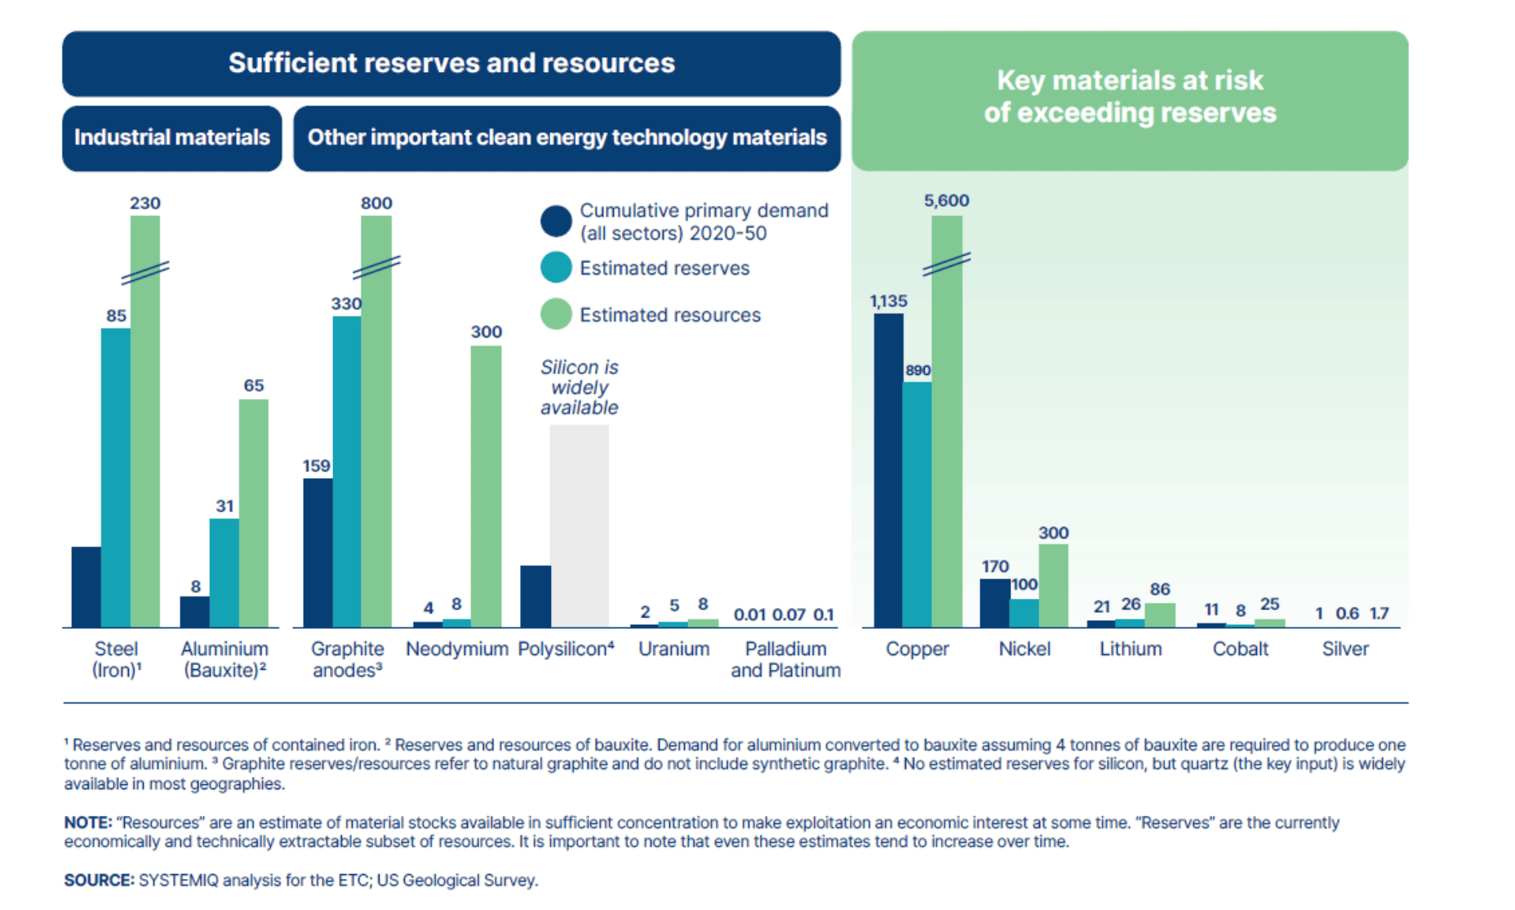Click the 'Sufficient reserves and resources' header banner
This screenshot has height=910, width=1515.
point(451,64)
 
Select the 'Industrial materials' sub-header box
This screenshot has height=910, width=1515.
point(172,137)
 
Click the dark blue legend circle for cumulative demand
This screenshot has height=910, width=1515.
point(556,221)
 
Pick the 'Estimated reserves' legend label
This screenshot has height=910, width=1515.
point(664,268)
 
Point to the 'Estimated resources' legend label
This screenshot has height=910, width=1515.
point(669,314)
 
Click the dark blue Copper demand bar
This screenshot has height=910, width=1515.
point(888,470)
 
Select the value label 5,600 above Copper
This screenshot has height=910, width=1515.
point(946,201)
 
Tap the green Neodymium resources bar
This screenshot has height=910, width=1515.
point(486,486)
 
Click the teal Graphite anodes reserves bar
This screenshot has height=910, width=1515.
point(346,471)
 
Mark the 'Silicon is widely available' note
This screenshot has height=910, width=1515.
point(579,387)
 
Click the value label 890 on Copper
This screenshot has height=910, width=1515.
point(917,370)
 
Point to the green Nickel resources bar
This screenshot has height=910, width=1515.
point(1053,585)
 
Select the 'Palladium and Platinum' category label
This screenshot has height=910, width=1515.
point(785,659)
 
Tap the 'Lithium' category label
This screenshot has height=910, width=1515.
point(1130,649)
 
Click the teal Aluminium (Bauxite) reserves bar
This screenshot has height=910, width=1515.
point(224,572)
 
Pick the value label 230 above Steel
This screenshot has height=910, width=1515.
point(145,203)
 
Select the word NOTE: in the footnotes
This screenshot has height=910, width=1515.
point(87,822)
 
